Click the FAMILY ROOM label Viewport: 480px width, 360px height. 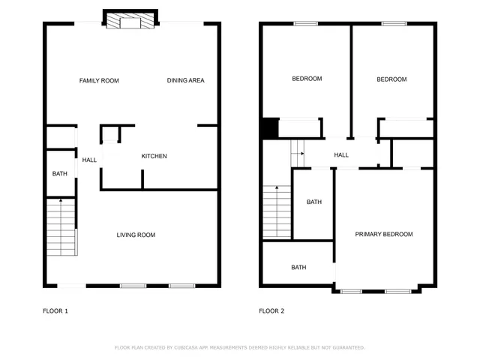point(99,80)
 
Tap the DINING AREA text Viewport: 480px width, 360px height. point(185,80)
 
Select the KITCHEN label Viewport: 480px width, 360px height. point(154,156)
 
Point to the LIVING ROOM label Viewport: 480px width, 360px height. point(136,235)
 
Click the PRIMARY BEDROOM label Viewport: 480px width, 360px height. point(383,234)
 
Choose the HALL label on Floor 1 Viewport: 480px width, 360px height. point(89,160)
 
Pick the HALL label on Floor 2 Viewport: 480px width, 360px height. point(341,155)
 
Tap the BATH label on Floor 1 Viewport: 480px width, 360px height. point(59,174)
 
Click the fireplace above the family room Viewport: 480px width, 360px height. point(130,21)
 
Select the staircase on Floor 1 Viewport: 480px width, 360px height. point(61,226)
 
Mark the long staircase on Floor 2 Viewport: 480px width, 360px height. point(275,211)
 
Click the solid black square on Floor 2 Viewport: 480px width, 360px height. point(269,128)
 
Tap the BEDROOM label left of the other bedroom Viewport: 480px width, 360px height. point(307,79)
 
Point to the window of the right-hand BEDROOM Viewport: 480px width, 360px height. point(394,23)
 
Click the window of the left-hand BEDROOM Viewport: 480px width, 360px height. point(305,23)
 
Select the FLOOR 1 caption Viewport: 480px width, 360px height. point(55,310)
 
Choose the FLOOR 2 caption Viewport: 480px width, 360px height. point(271,310)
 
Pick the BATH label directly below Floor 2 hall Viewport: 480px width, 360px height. point(313,202)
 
